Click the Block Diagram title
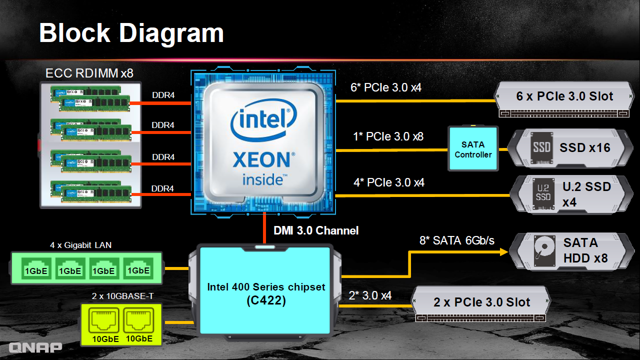coord(131,33)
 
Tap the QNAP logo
coord(35,347)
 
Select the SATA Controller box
coord(473,148)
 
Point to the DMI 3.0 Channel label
coord(316,230)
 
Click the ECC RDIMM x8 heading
coord(89,73)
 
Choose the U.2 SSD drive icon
coord(543,193)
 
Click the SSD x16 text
coord(584,147)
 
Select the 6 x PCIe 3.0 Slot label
coord(564,96)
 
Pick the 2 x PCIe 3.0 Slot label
coord(481,302)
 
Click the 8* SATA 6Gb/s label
coord(457,240)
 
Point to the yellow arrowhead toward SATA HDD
coord(503,252)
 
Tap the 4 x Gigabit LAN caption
coord(80,245)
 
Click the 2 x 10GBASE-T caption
coord(122,296)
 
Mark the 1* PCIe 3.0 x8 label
coord(388,136)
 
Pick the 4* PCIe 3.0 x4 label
coord(389,182)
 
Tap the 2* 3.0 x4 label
coord(370,295)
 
